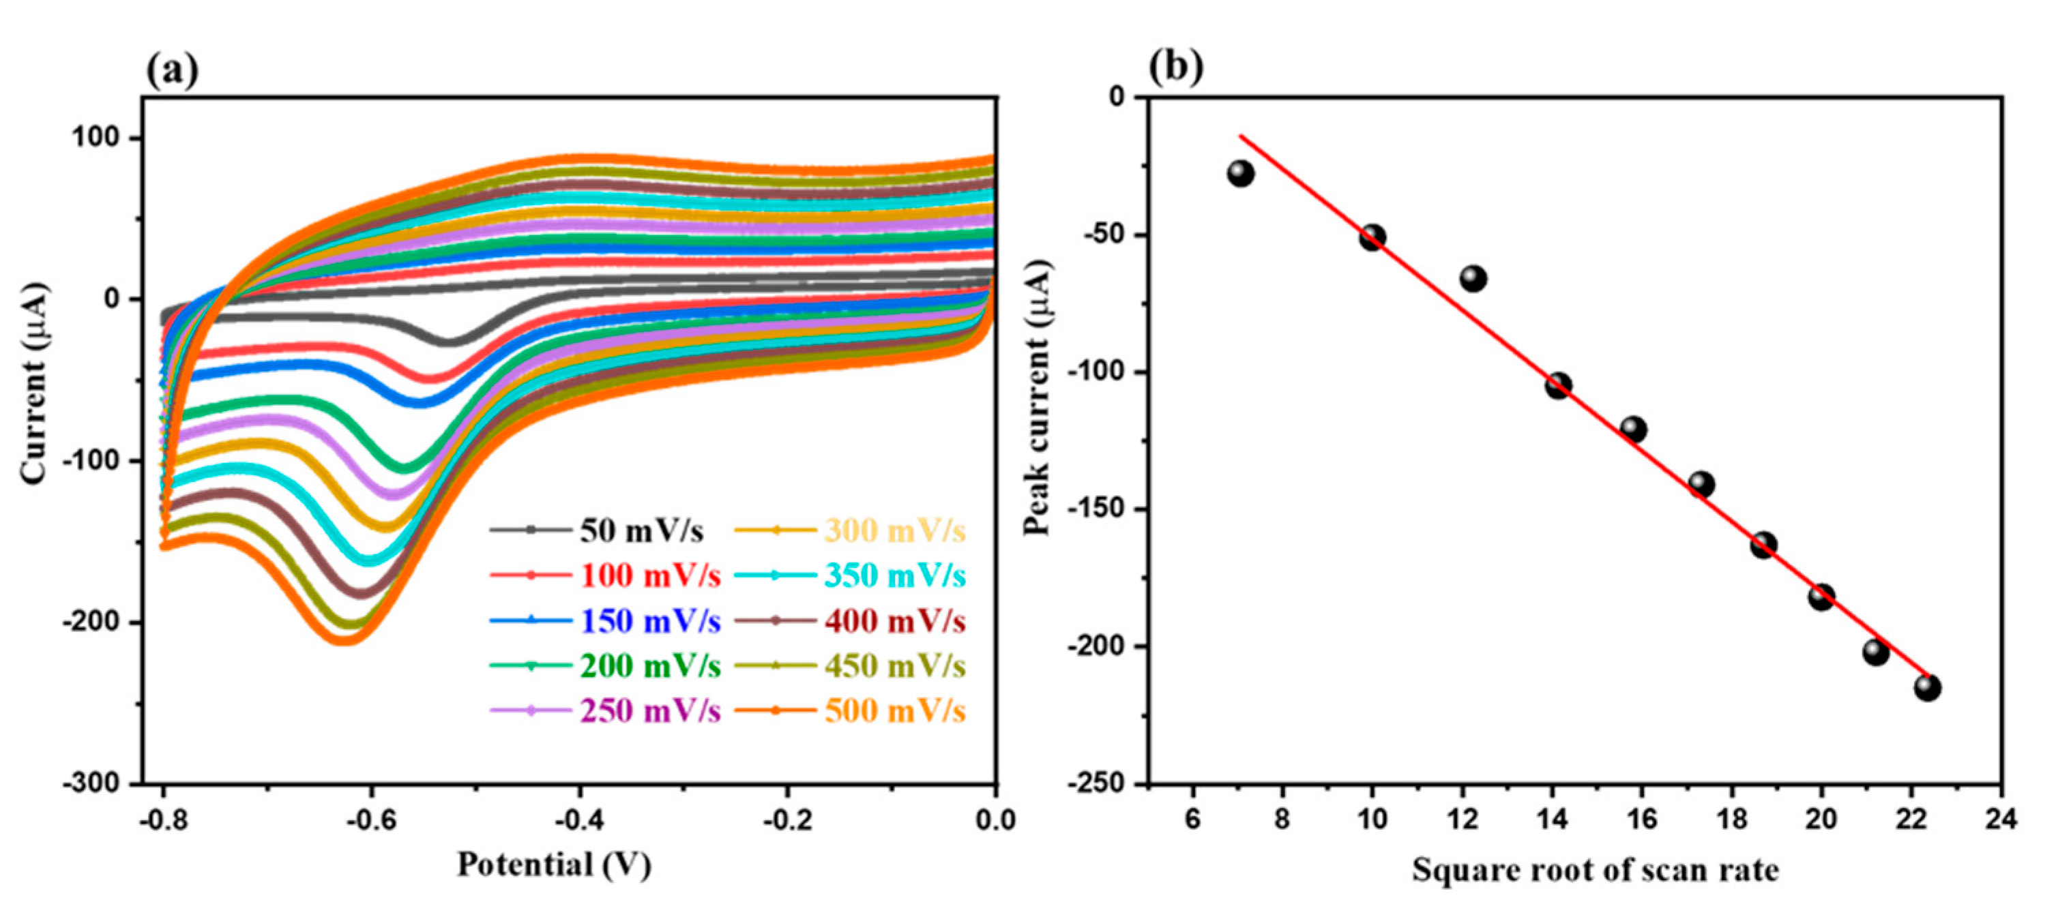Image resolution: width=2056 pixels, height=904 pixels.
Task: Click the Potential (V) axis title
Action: [553, 865]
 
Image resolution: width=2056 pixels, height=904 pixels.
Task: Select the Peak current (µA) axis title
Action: [1038, 397]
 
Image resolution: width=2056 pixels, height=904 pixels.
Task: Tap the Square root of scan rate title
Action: [1595, 870]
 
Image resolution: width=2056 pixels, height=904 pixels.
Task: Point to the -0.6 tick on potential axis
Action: [371, 819]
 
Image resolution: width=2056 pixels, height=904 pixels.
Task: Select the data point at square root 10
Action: [1372, 237]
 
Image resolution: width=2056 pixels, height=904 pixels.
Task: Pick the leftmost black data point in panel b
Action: [1240, 173]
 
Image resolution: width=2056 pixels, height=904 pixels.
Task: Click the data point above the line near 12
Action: [1473, 278]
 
